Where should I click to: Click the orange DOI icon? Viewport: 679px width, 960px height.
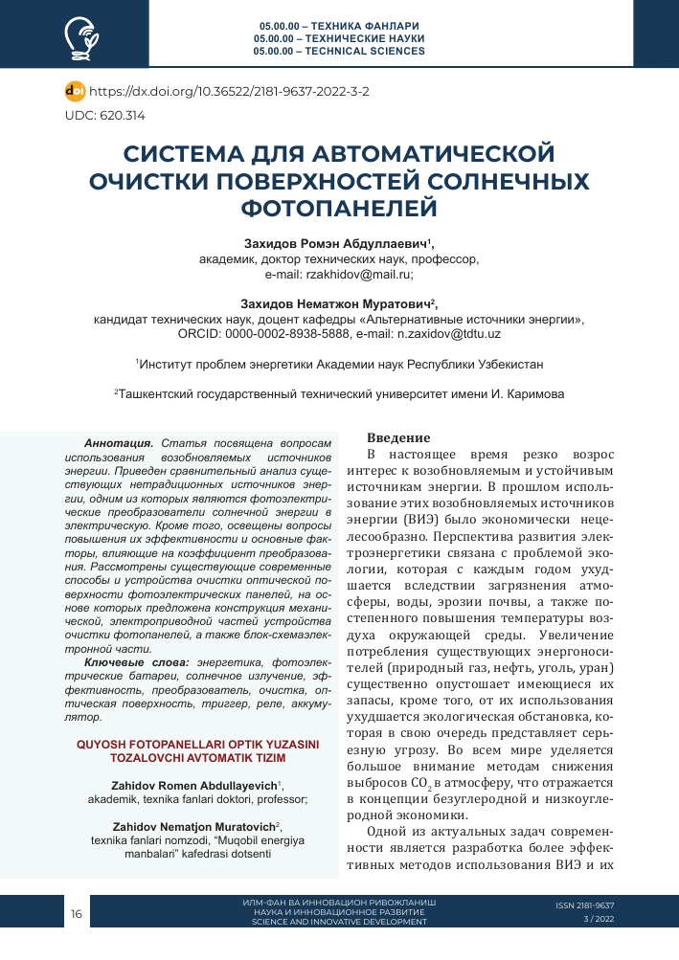tap(75, 92)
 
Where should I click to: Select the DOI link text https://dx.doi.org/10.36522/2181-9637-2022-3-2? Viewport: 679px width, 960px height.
tap(229, 92)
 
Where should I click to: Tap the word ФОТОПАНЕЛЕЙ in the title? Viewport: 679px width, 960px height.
tap(340, 207)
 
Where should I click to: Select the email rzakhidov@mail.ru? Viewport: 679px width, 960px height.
tap(359, 274)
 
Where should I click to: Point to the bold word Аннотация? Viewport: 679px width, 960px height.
tap(119, 444)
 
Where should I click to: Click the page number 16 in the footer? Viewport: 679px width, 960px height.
tap(77, 914)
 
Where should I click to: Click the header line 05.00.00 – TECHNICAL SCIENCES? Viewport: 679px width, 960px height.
tap(340, 51)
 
